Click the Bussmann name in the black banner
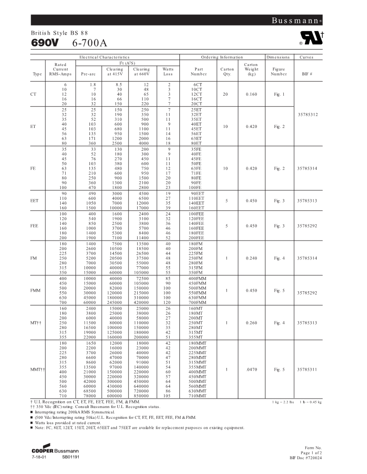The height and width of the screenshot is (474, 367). tap(296, 21)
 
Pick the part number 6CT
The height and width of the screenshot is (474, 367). tap(198, 84)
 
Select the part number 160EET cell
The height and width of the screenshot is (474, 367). tap(198, 208)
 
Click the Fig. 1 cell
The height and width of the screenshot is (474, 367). tap(280, 94)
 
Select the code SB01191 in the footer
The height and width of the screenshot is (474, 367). tap(71, 456)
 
